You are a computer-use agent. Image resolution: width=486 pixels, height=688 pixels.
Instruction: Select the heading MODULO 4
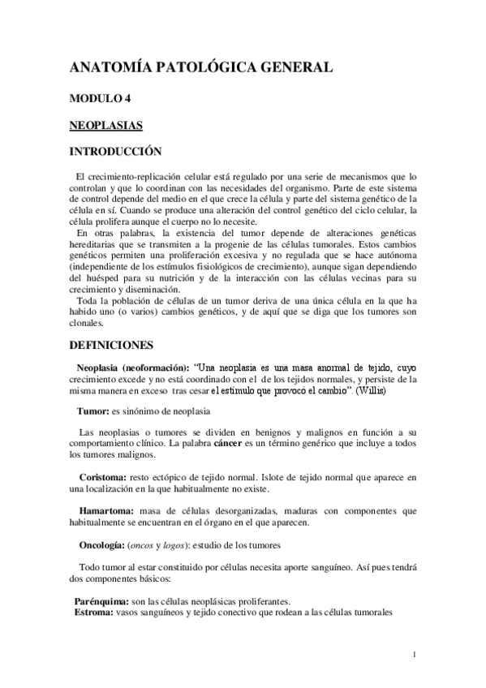pos(100,100)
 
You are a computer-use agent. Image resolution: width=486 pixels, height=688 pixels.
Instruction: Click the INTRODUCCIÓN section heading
pos(116,152)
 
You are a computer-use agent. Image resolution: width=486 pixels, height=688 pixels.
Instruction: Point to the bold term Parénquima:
pos(101,601)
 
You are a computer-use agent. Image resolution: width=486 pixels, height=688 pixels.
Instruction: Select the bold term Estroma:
pos(93,613)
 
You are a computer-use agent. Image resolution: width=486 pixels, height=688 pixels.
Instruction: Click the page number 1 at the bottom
pos(414,654)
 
